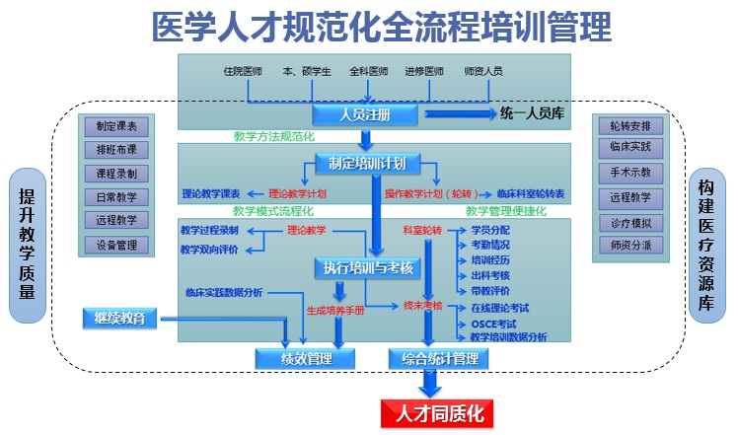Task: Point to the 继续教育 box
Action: point(120,318)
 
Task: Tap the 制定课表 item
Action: point(117,126)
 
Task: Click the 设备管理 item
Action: point(117,245)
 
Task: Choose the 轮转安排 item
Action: point(631,126)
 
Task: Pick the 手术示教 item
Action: point(631,174)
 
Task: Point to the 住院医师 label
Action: point(244,72)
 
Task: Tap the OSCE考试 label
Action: point(492,324)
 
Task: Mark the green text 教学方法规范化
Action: point(273,137)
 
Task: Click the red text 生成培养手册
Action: point(334,309)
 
